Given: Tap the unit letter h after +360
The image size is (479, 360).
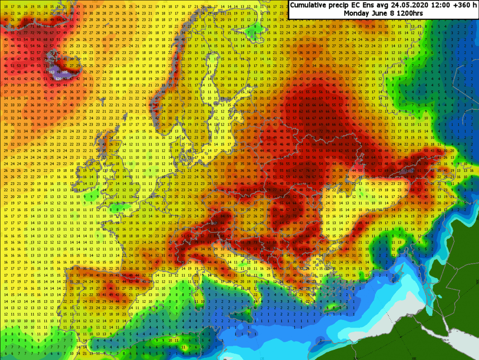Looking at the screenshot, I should pyautogui.click(x=475, y=5).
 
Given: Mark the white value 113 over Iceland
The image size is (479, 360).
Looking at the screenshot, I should pyautogui.click(x=52, y=72).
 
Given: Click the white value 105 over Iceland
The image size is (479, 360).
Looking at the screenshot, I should pyautogui.click(x=65, y=72).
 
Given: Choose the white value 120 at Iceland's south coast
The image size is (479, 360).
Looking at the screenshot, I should pyautogui.click(x=59, y=78).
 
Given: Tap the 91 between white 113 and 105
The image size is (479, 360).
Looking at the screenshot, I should pyautogui.click(x=59, y=72).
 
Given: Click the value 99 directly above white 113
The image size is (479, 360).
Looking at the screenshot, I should pyautogui.click(x=52, y=65).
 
